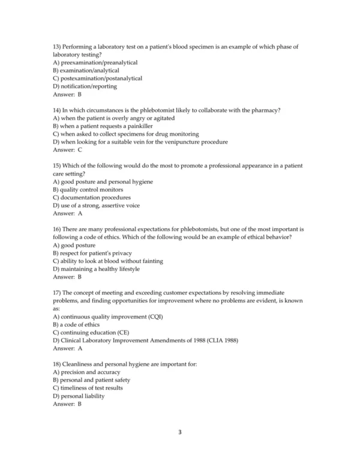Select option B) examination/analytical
pos(85,70)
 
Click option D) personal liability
pos(79,396)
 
